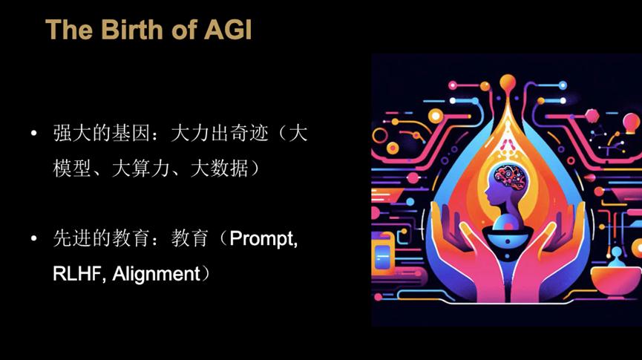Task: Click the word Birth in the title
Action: [x=131, y=30]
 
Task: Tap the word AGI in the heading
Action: [x=228, y=30]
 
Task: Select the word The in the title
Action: [x=69, y=30]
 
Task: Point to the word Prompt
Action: [x=263, y=239]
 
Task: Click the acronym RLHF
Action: [x=77, y=274]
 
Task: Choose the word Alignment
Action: [x=156, y=274]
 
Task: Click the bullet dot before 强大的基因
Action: [x=33, y=133]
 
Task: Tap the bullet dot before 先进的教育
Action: [x=33, y=238]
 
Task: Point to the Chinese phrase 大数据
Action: [x=219, y=168]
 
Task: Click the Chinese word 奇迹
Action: [x=249, y=133]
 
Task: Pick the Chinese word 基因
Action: [x=131, y=133]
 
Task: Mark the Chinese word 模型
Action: [x=72, y=168]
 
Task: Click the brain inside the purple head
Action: [x=510, y=177]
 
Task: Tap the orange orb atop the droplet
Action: [x=508, y=82]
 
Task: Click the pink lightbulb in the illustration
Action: [x=631, y=123]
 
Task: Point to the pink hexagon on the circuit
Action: [x=592, y=116]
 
